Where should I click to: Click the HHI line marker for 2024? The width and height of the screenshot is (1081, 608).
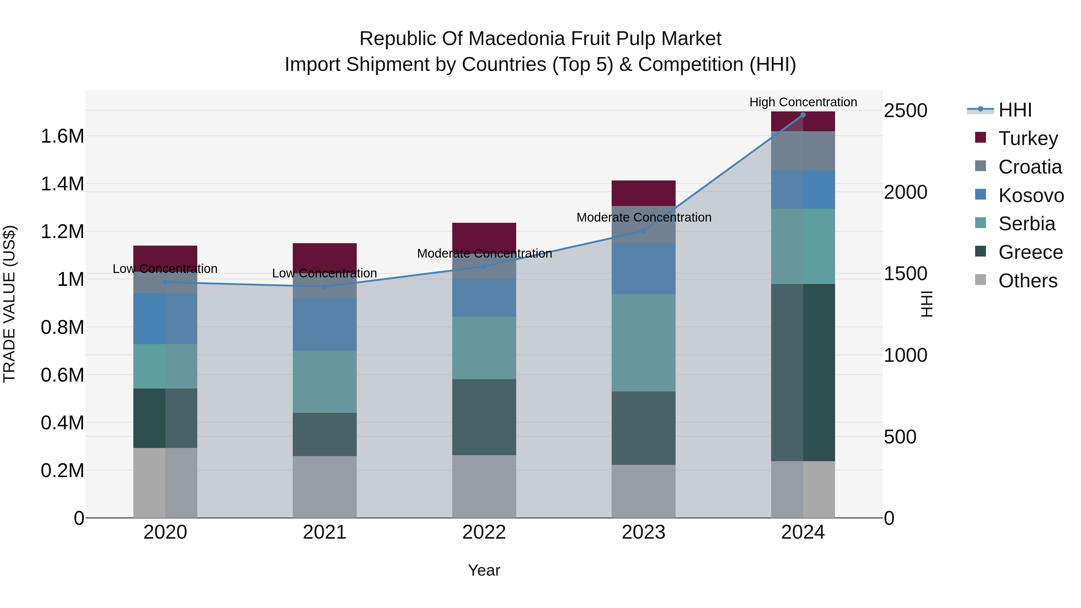point(803,115)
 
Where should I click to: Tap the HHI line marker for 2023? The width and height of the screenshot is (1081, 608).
point(643,231)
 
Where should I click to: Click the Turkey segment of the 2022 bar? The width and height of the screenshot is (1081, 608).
point(484,238)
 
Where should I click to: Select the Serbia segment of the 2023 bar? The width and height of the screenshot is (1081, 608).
point(643,343)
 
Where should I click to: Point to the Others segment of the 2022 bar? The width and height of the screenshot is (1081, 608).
point(484,486)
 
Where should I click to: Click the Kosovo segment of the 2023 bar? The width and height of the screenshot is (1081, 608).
point(643,268)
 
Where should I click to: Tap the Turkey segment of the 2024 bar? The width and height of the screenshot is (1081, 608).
point(803,121)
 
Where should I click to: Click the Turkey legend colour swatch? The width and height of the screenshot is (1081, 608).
point(980,137)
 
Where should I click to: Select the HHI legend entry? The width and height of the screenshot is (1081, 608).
point(999,110)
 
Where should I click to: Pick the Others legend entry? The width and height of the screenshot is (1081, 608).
point(1016,280)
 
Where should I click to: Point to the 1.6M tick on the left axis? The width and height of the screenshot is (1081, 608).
point(62,136)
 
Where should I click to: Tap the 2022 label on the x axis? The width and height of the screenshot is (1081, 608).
point(484,532)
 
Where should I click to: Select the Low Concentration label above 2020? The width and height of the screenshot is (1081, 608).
point(165,268)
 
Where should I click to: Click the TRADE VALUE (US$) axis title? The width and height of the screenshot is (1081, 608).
point(9,304)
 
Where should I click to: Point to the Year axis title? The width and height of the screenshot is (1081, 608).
point(484,570)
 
